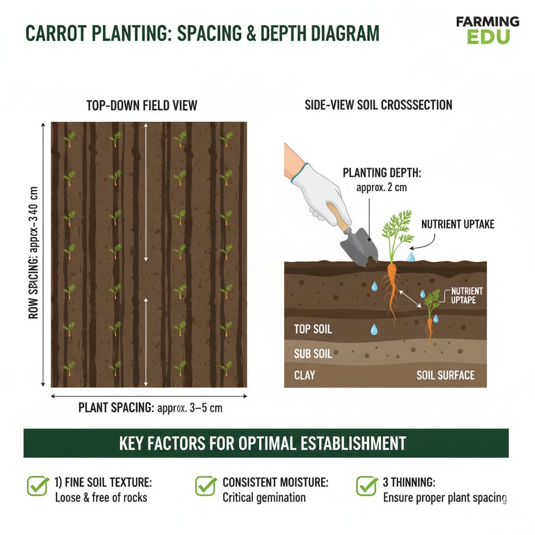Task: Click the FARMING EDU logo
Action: point(487,30)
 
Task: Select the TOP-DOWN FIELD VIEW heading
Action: point(142,105)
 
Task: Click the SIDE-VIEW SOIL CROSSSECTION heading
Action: point(378,105)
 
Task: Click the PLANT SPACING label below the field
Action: point(150,408)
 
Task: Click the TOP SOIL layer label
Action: point(313,329)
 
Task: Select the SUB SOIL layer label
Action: point(313,354)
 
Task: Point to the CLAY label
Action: point(305,375)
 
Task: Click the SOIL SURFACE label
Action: point(445,375)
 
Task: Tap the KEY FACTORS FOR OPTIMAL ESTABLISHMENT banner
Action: point(266,443)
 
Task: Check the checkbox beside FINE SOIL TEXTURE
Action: point(37,485)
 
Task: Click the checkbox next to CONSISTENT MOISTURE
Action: point(205,485)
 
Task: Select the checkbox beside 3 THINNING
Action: point(366,485)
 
